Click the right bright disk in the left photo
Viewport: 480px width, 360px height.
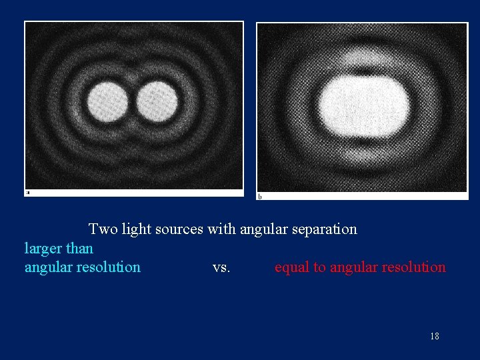[x=157, y=102]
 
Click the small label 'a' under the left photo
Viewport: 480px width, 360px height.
[x=27, y=193]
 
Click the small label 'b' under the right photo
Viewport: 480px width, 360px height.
[x=259, y=196]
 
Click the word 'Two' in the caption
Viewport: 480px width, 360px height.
[x=102, y=229]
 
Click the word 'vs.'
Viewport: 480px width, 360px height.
[x=221, y=268]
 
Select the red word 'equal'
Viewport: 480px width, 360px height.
[x=291, y=268]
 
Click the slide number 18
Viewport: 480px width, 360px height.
[x=435, y=336]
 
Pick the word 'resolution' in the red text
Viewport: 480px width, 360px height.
[x=414, y=267]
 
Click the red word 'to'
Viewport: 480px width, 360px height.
[x=319, y=268]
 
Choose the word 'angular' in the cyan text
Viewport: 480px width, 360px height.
[x=49, y=268]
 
